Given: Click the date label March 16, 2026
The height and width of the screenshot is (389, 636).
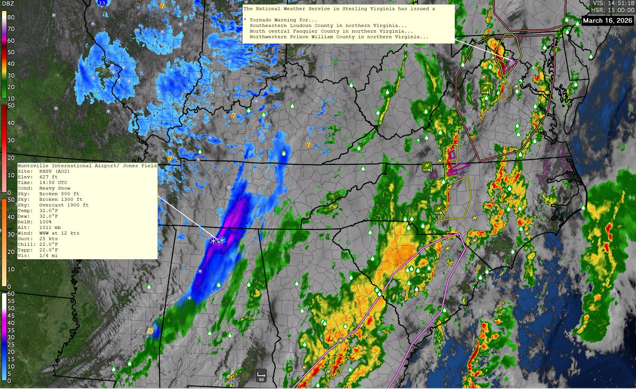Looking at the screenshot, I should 607,21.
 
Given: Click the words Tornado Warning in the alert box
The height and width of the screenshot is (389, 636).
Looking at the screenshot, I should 274,19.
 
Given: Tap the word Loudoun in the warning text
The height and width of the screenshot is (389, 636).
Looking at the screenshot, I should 310,25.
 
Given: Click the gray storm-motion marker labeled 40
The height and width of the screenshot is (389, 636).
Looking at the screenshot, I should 261,375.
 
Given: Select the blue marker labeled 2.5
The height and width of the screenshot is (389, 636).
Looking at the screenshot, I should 104,3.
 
